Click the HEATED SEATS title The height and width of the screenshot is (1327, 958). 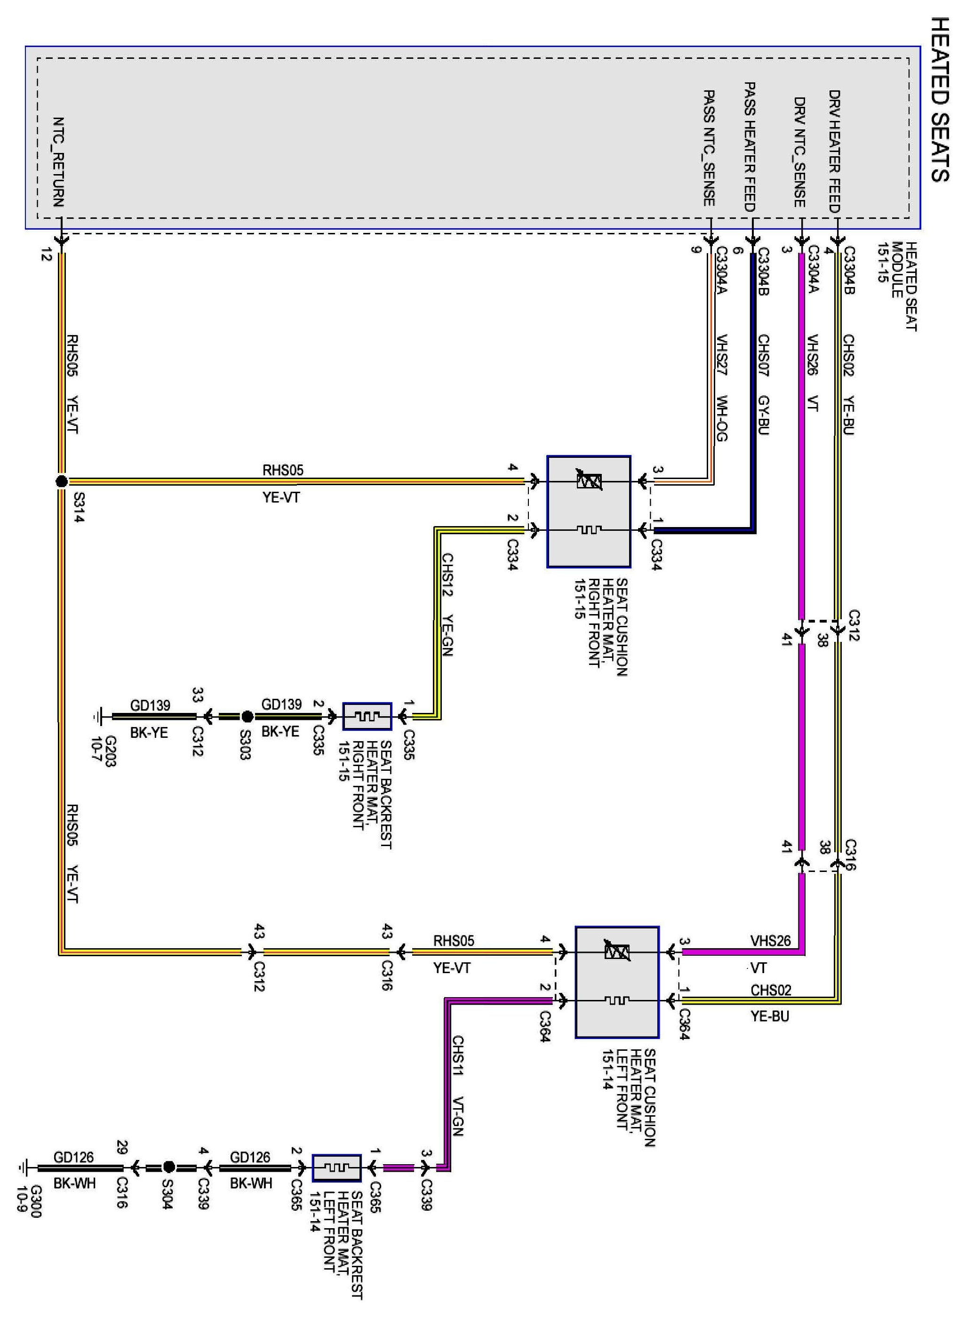tap(939, 99)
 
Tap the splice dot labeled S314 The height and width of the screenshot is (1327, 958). tap(62, 481)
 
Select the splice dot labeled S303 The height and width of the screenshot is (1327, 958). tap(247, 716)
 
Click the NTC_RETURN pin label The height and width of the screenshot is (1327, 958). tap(58, 161)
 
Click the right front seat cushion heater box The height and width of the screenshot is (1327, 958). tap(589, 512)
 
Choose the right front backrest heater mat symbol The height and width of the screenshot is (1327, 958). tap(367, 716)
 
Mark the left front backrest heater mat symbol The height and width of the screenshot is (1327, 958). tap(336, 1168)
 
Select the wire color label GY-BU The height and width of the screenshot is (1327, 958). tap(764, 415)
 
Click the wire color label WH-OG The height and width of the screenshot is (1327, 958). tap(722, 418)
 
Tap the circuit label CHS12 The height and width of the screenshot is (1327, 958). tap(447, 575)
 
